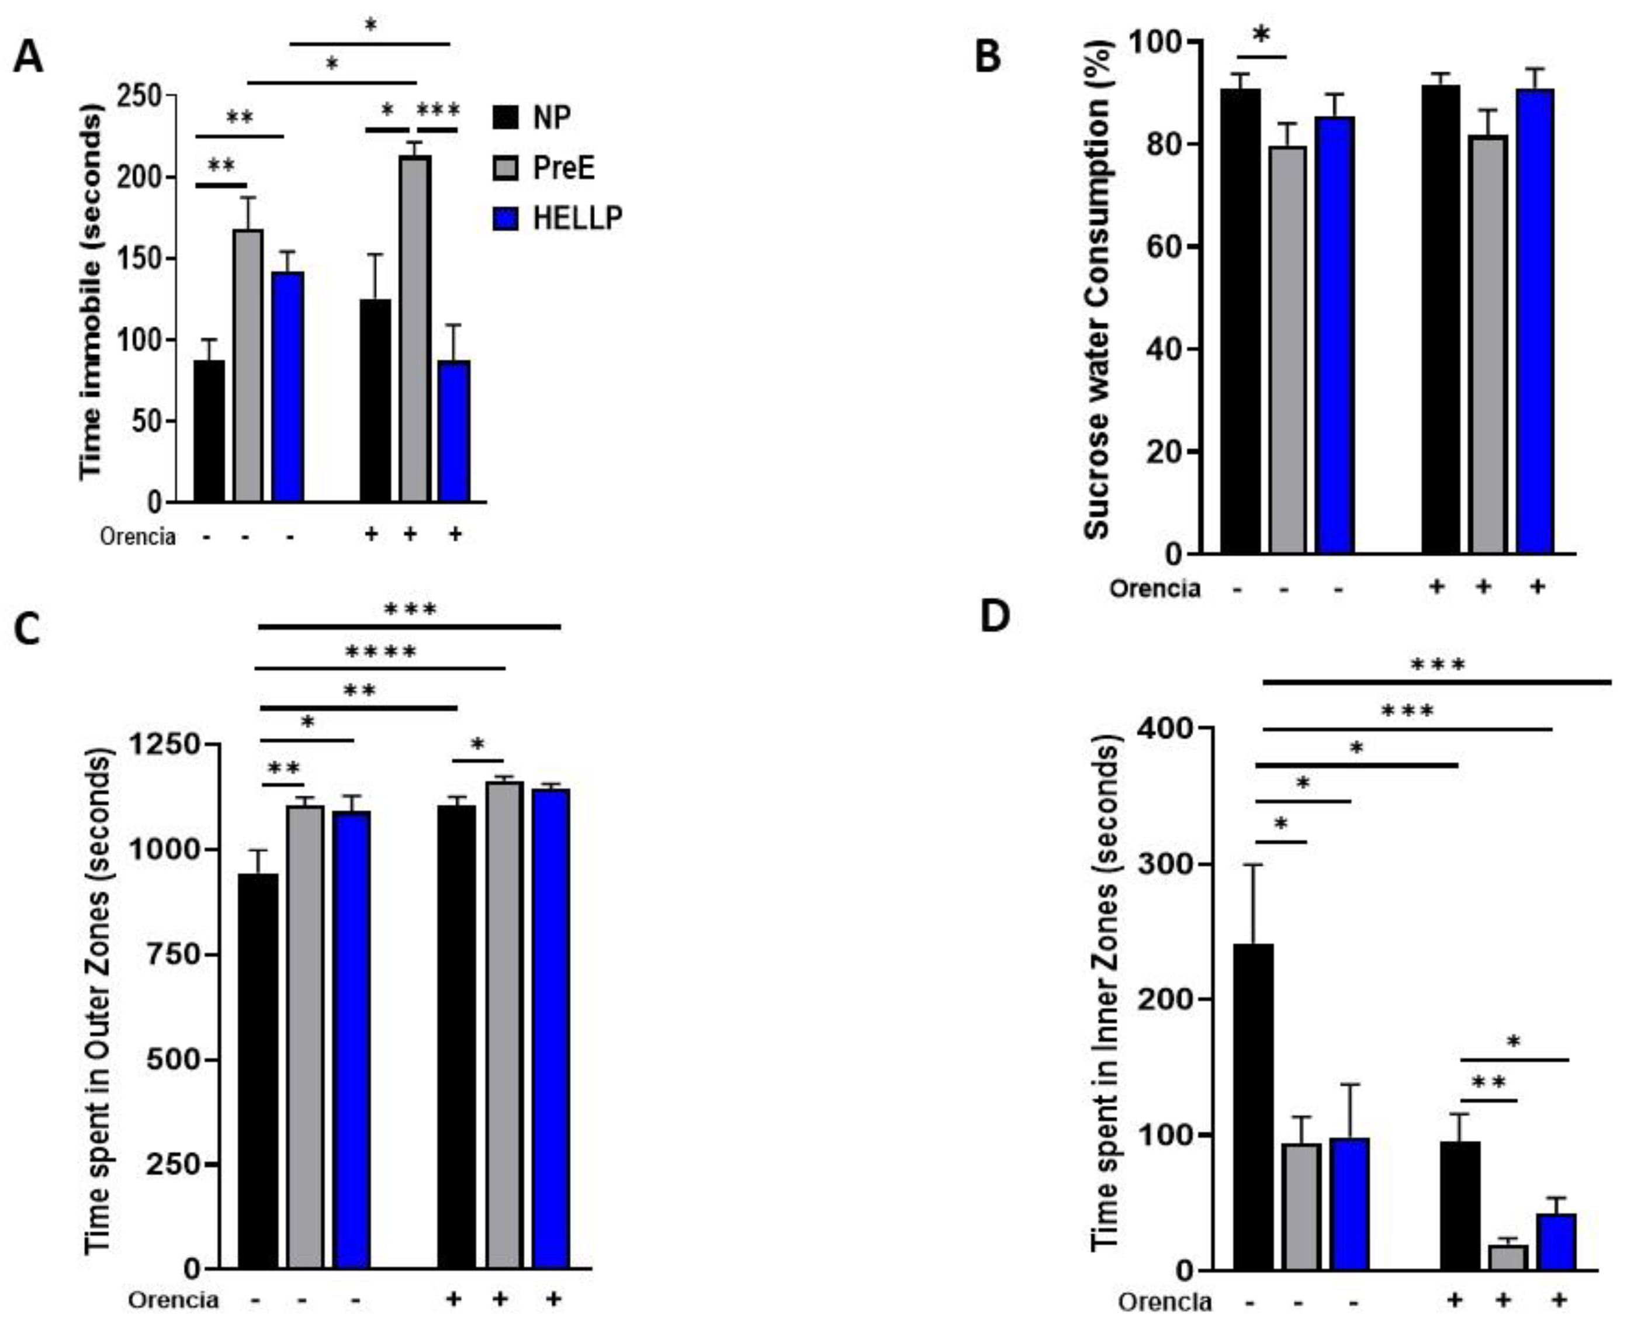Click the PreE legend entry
(x=543, y=168)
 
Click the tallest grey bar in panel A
(x=414, y=329)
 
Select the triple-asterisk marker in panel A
(x=438, y=110)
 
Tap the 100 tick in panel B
(x=1155, y=41)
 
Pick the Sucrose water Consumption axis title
(x=1096, y=291)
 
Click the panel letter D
(x=995, y=616)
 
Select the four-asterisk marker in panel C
(x=380, y=652)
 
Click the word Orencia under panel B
(x=1155, y=589)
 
